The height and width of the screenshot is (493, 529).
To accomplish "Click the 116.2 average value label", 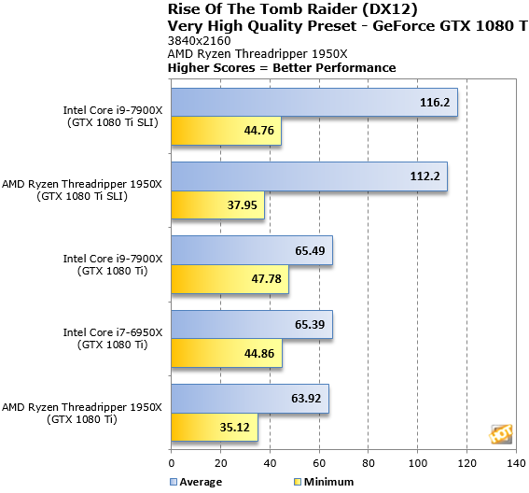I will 436,103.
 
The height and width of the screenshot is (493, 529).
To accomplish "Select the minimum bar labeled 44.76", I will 226,132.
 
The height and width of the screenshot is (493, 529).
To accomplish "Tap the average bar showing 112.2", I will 309,176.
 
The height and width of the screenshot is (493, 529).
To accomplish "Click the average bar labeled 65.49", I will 251,250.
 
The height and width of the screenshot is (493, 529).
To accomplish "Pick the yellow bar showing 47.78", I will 230,279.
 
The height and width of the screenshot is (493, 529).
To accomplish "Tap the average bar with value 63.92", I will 249,399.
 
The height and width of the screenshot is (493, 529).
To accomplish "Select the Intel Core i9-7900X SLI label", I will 112,116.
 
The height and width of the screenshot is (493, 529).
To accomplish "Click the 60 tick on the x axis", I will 318,462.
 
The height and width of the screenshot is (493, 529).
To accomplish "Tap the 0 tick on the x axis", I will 172,462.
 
